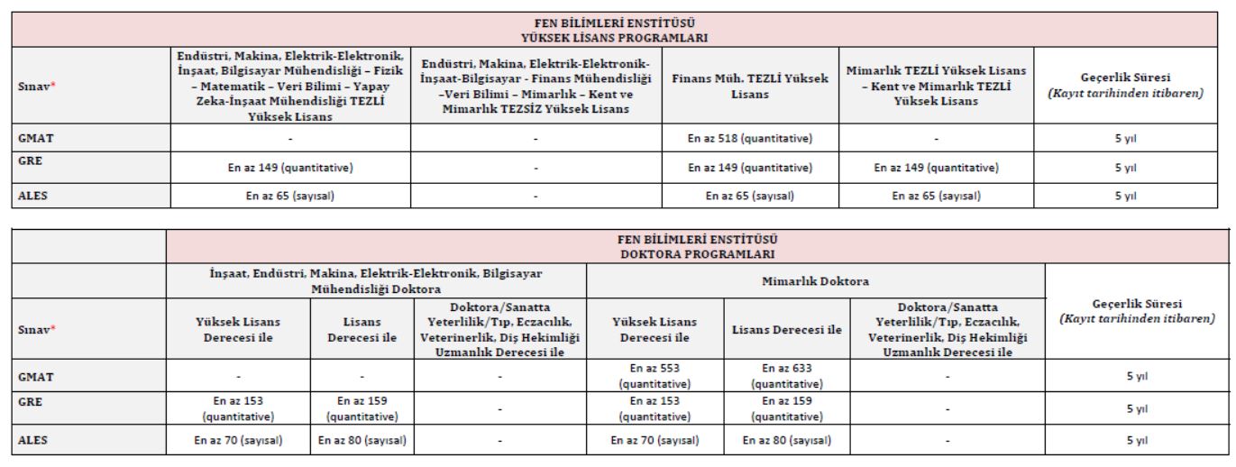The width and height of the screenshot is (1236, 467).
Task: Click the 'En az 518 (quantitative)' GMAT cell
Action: pos(750,139)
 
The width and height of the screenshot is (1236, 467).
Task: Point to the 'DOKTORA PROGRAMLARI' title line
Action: pos(699,252)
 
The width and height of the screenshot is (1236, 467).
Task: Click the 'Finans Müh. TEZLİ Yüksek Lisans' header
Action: pos(750,86)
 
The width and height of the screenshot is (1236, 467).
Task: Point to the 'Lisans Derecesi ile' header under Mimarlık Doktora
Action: pos(787,330)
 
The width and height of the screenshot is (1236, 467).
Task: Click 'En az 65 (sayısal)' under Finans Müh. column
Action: pos(750,194)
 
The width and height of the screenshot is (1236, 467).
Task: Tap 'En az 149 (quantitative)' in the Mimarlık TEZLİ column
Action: pos(937,167)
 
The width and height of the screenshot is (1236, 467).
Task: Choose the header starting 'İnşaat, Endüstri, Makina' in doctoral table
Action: pos(376,281)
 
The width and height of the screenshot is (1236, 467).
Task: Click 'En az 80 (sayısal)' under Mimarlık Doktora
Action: pos(787,441)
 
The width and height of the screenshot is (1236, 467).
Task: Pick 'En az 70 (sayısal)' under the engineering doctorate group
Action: pos(238,441)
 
